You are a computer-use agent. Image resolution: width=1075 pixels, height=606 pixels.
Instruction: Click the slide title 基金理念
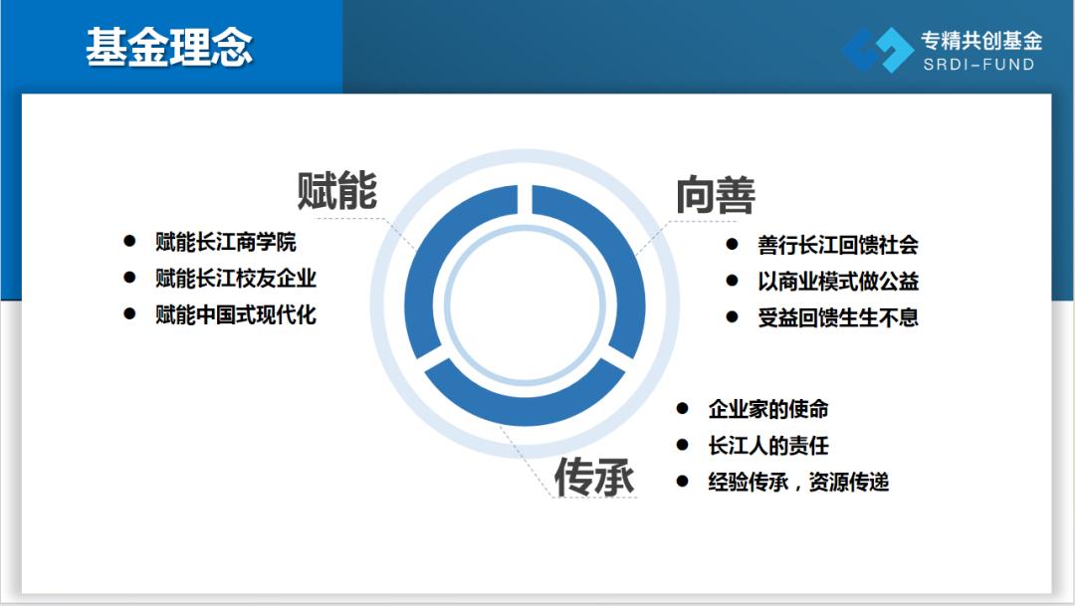coord(169,48)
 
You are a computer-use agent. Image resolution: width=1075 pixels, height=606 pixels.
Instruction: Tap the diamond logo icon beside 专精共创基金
coord(878,50)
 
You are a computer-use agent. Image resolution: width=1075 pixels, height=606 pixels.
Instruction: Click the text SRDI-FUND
coord(978,65)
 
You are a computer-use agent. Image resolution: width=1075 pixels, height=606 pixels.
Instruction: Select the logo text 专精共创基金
coord(981,41)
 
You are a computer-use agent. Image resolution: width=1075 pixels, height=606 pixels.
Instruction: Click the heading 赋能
coord(336,190)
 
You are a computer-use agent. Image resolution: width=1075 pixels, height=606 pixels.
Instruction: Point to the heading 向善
coord(716,195)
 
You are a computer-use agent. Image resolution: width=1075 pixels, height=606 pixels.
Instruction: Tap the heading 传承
coord(593,477)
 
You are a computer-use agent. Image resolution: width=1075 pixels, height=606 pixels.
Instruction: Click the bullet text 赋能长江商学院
coord(226,242)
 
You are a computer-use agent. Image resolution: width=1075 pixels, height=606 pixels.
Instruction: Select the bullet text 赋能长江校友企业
coord(236,279)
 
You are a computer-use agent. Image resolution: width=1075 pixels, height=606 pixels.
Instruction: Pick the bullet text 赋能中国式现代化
coord(236,314)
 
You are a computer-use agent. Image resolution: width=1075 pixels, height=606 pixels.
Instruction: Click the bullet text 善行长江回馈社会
coord(838,245)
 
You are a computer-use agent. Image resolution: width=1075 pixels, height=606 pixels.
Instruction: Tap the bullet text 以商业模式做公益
coord(838,281)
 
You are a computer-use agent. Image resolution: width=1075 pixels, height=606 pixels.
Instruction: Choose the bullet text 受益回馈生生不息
coord(838,317)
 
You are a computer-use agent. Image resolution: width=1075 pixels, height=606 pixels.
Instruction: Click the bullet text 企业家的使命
coord(768,409)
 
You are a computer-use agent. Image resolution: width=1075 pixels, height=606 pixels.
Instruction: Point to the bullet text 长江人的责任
coord(768,446)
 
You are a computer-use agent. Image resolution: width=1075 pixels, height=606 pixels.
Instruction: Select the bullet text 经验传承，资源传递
coord(798,482)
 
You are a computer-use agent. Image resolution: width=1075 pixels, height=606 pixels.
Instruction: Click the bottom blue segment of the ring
coord(525,407)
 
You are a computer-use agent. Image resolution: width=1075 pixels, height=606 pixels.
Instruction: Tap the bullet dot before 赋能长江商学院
coord(129,241)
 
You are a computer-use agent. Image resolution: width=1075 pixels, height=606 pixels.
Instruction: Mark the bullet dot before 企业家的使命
coord(682,409)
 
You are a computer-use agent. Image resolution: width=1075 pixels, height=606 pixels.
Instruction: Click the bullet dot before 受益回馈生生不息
coord(733,316)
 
